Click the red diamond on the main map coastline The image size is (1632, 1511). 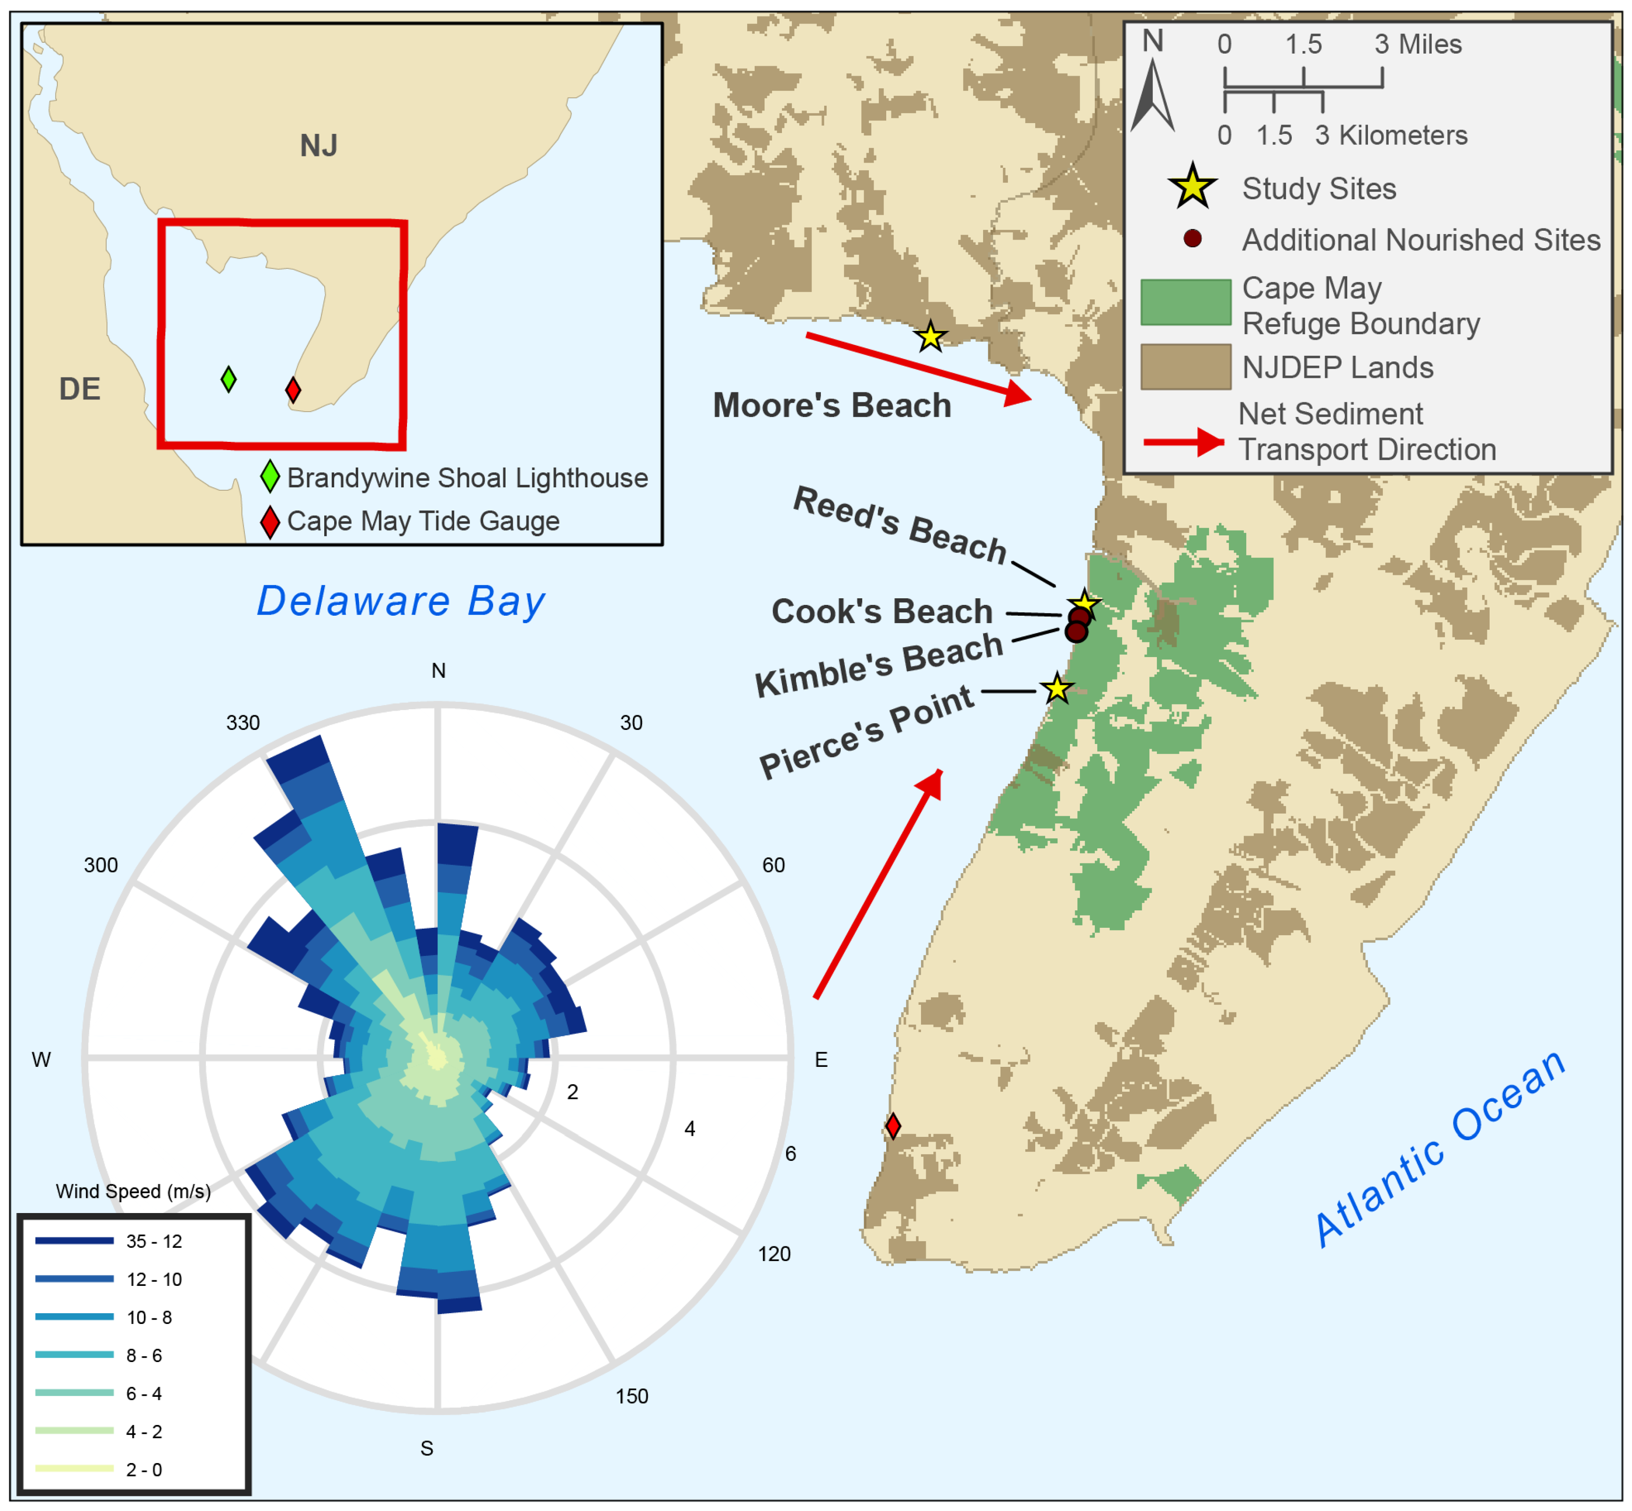click(x=893, y=1126)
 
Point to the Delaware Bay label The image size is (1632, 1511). click(x=401, y=601)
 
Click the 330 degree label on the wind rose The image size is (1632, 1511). click(x=243, y=723)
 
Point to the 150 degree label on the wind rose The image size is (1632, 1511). click(x=632, y=1396)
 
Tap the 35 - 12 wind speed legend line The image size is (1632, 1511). click(x=74, y=1240)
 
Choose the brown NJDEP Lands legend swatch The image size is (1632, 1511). click(x=1186, y=366)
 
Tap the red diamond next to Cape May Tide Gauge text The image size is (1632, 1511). click(x=270, y=522)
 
